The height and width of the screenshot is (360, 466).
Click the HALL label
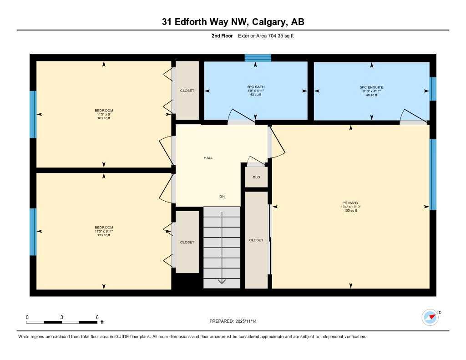click(x=208, y=158)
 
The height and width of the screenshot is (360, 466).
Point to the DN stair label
click(x=222, y=197)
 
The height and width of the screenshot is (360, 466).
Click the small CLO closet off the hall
click(x=256, y=177)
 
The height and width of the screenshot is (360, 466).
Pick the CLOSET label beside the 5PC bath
click(x=187, y=91)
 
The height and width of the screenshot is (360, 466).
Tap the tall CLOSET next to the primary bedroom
click(x=256, y=240)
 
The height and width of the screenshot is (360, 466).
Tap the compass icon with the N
click(x=430, y=317)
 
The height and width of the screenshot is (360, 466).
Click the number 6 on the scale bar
click(x=97, y=317)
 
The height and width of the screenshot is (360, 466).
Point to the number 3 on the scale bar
click(x=61, y=317)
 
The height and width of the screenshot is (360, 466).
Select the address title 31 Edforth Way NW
click(x=233, y=22)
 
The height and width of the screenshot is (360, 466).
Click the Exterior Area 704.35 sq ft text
click(x=266, y=35)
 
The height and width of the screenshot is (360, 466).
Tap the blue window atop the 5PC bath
click(x=258, y=58)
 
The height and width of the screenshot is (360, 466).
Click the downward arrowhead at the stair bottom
click(x=222, y=281)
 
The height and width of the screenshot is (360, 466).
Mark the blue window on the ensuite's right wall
click(x=433, y=89)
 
